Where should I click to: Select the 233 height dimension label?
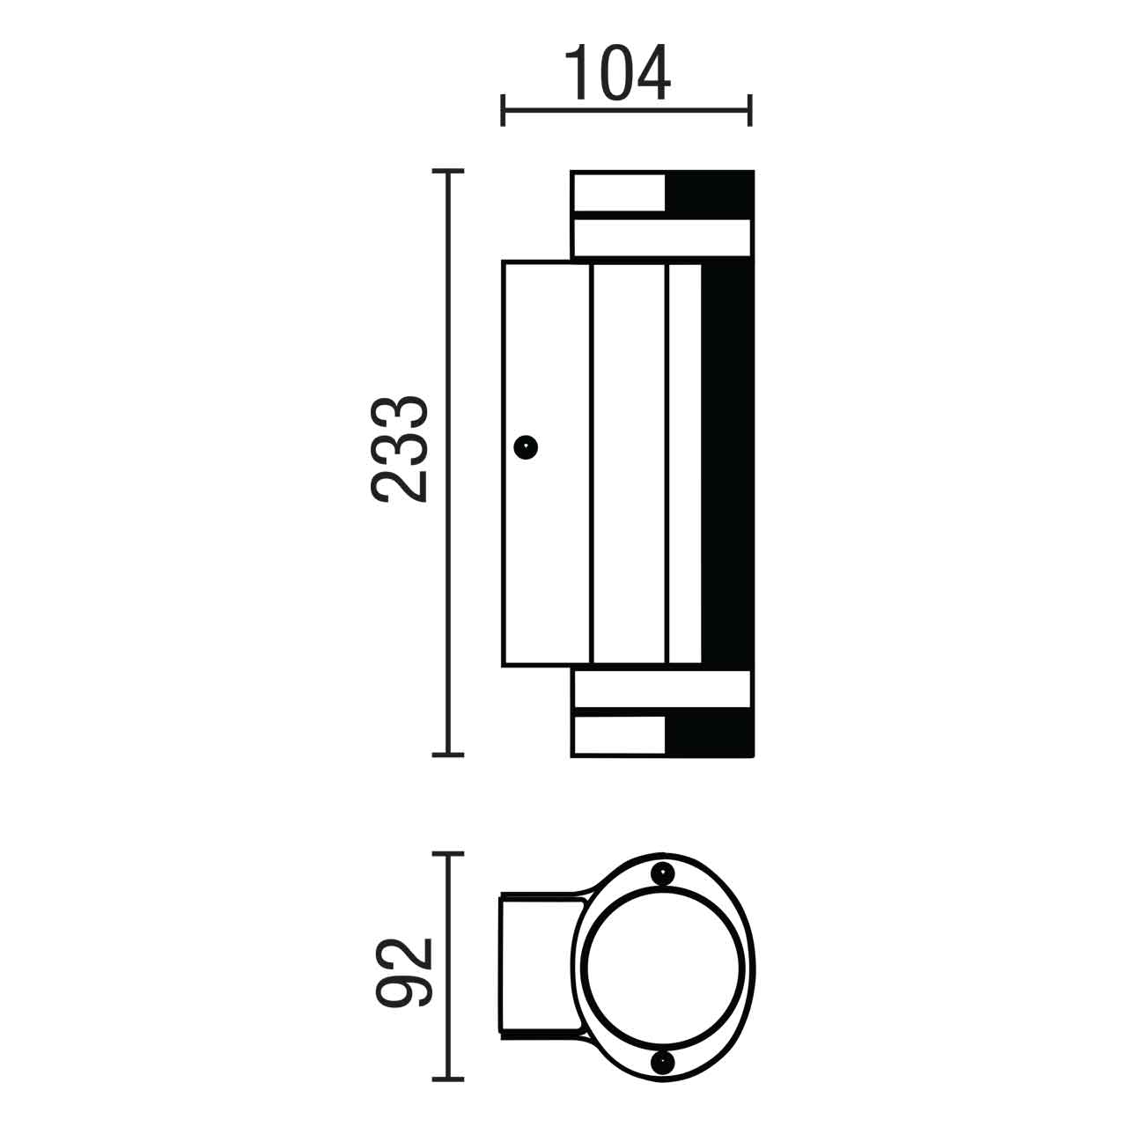[x=400, y=450]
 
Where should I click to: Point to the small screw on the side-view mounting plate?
[x=527, y=447]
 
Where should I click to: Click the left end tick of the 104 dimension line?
[x=502, y=110]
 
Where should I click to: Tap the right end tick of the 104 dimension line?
[x=749, y=110]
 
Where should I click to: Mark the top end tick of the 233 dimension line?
[x=449, y=172]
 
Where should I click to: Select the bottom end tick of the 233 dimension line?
[x=449, y=754]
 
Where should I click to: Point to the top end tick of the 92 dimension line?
[x=449, y=853]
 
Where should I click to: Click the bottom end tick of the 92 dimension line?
[x=449, y=1079]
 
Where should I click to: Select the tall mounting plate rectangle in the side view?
[x=546, y=462]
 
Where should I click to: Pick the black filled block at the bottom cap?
[x=709, y=734]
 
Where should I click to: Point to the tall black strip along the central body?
[x=727, y=462]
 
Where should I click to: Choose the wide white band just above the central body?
[x=661, y=238]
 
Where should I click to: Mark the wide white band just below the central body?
[x=661, y=689]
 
